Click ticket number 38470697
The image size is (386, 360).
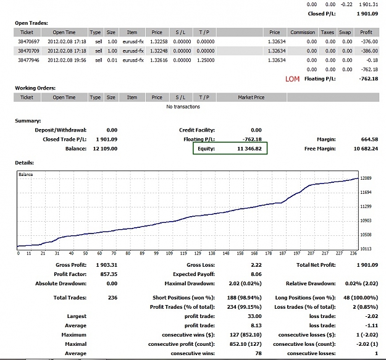(28, 41)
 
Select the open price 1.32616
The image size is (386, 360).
(159, 61)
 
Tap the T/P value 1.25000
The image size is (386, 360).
(206, 61)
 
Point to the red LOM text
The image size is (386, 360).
(293, 79)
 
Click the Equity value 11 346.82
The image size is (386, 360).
(250, 149)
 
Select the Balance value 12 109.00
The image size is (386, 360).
(105, 149)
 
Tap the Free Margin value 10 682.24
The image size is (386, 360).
(366, 149)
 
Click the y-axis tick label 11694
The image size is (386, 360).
(366, 193)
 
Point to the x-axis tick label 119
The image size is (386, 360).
(183, 253)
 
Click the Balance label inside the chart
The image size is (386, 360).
(25, 175)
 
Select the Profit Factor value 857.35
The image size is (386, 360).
(109, 274)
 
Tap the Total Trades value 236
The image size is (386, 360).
(113, 298)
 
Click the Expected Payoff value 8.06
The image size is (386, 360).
(256, 274)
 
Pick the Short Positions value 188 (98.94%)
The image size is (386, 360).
(244, 298)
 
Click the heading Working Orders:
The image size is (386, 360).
(35, 88)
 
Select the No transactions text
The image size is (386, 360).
(183, 107)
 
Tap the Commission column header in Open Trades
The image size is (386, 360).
(303, 33)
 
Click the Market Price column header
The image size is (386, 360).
(251, 98)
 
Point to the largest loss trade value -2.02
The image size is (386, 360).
(372, 316)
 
